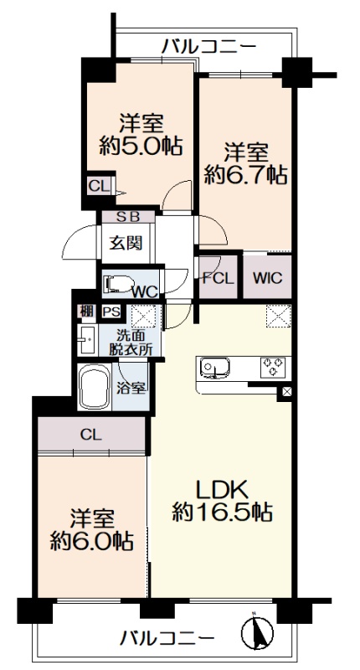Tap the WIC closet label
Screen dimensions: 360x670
click(267, 278)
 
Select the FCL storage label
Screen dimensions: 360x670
click(219, 279)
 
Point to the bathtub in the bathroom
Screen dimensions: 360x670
click(95, 387)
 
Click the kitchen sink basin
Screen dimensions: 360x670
click(215, 368)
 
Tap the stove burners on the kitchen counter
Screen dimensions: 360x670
click(273, 367)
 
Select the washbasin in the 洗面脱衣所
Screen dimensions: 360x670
click(88, 340)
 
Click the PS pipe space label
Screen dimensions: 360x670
click(111, 312)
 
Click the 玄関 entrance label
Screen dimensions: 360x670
click(126, 244)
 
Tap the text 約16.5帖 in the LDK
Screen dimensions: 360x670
click(222, 511)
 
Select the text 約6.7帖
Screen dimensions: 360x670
click(245, 174)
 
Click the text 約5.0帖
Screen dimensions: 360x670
click(141, 146)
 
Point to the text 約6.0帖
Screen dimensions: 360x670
click(91, 541)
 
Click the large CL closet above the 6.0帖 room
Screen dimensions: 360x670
click(92, 435)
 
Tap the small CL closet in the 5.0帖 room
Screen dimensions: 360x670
click(99, 186)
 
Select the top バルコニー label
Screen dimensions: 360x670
click(208, 45)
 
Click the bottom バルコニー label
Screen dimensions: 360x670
click(167, 639)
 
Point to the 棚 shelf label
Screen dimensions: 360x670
click(87, 312)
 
